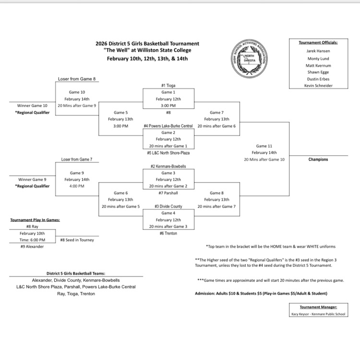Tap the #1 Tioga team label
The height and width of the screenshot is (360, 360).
(x=168, y=85)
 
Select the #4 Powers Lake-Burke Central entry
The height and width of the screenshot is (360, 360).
(x=168, y=126)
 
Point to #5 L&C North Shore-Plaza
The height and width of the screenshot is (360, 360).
(x=168, y=153)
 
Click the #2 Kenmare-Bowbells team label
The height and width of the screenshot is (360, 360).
(x=168, y=166)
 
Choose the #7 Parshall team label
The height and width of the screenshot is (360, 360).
(x=168, y=193)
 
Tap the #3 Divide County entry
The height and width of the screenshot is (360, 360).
(x=168, y=206)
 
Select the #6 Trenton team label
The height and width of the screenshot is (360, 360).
(x=168, y=233)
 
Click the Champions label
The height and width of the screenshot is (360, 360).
(x=318, y=159)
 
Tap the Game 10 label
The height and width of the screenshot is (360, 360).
(x=77, y=92)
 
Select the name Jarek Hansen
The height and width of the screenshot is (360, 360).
(x=318, y=50)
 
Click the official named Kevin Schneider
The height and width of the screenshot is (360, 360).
(x=318, y=85)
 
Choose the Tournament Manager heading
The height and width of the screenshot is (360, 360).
(x=318, y=307)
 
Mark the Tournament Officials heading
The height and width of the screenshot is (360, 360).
(x=318, y=42)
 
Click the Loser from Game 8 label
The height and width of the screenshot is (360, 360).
(x=77, y=78)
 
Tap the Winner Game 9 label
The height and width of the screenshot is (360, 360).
(x=31, y=180)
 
